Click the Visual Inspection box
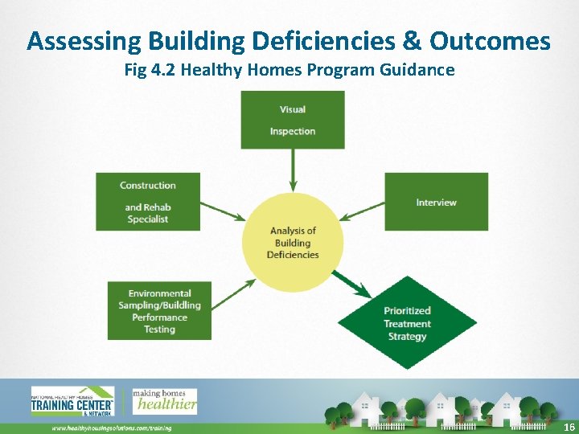[293, 120]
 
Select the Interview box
[436, 202]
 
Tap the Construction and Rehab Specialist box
[148, 202]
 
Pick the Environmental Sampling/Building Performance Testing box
[159, 310]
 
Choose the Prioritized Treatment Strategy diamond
[407, 323]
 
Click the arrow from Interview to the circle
[362, 211]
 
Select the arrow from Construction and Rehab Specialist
[222, 211]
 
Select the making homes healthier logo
[164, 400]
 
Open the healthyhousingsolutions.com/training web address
[112, 428]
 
